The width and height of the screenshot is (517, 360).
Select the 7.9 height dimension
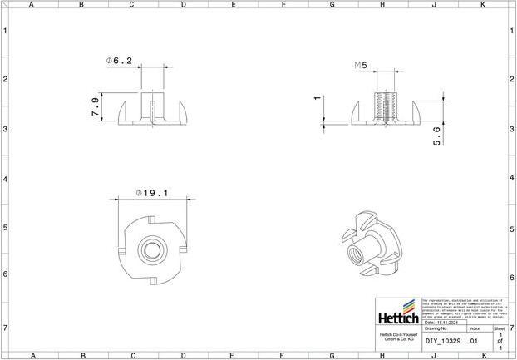tap(96, 108)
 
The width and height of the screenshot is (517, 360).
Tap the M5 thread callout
tap(360, 64)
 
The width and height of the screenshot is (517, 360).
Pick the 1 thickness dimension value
tap(317, 98)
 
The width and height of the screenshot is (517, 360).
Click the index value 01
tap(474, 341)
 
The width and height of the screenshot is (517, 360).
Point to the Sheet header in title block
tap(499, 328)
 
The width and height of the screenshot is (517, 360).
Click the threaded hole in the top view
tap(152, 248)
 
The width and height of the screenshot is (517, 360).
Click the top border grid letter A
tap(31, 5)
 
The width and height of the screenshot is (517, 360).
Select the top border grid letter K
tap(483, 5)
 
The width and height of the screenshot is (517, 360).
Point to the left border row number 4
tap(5, 179)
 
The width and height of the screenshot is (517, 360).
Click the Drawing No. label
tap(436, 329)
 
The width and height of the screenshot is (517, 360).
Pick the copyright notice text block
tap(463, 308)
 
